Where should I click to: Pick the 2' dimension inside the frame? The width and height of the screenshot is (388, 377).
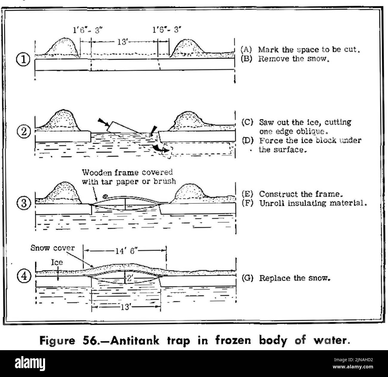pos(129,279)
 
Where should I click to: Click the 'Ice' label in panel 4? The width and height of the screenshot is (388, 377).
pos(57,262)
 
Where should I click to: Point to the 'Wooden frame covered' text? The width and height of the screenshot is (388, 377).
pos(127,172)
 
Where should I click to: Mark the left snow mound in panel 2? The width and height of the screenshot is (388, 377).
pos(62,120)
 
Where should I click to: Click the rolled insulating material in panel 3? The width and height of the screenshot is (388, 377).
pos(105,196)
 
